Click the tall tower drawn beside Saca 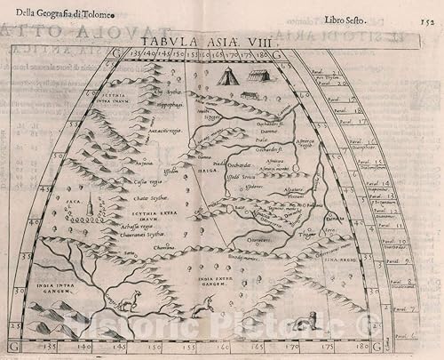91,209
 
